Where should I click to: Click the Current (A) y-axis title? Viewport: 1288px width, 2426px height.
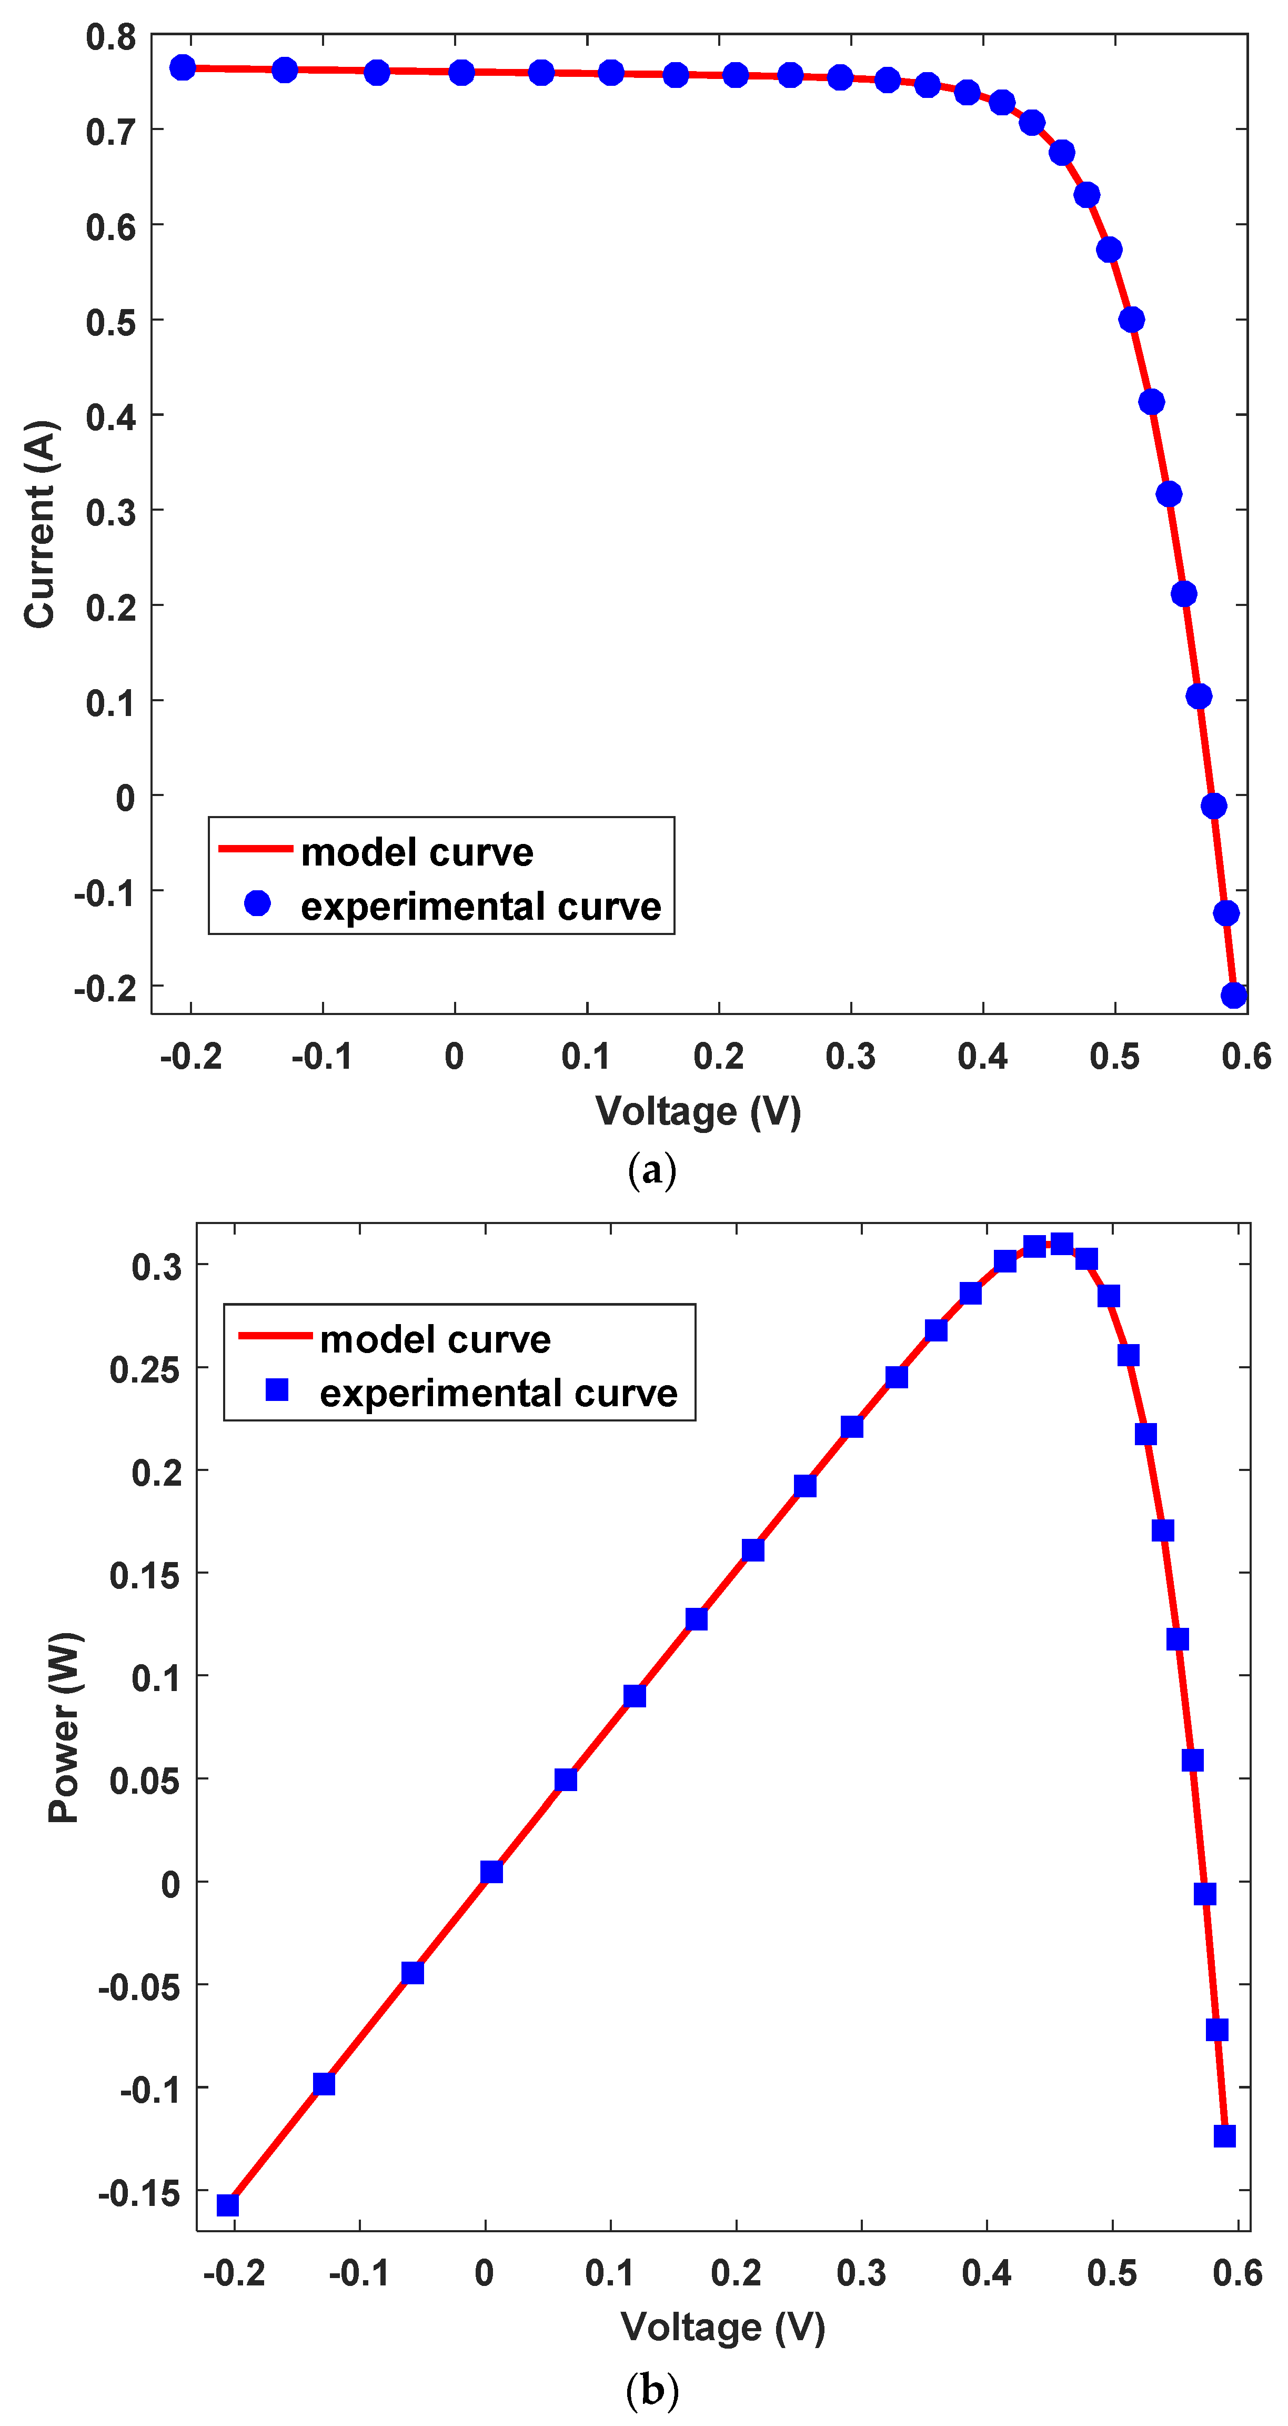[41, 524]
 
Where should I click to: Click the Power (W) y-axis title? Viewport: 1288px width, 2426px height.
[65, 1727]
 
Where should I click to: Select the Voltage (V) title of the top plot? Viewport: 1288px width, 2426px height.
[698, 1111]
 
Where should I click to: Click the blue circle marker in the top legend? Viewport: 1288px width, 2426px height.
[257, 904]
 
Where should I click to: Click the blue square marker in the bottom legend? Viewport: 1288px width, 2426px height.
[277, 1390]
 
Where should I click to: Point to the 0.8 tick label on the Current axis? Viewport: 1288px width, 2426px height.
[111, 38]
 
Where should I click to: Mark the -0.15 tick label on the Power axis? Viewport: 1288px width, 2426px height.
[138, 2193]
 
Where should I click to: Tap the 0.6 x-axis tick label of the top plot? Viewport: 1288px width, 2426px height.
[1245, 1057]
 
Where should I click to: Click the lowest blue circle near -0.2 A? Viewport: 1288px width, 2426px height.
[1233, 995]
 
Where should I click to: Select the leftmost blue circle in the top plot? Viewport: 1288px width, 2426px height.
[183, 68]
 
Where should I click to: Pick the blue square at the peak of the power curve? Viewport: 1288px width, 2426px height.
[1061, 1244]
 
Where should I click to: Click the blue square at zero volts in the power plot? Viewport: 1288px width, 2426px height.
[490, 1872]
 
